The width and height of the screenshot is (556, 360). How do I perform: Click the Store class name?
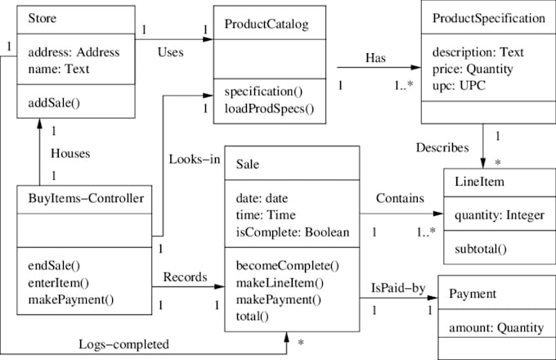[x=43, y=18]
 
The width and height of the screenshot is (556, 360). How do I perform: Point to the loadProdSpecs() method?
[x=269, y=108]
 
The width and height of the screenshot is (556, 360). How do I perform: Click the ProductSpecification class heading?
[x=488, y=18]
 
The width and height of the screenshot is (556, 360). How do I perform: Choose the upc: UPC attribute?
[x=460, y=86]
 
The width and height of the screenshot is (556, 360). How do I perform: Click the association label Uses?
[x=169, y=51]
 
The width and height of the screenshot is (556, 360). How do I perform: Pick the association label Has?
[x=376, y=58]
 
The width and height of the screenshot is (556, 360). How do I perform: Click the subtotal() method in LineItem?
[x=482, y=249]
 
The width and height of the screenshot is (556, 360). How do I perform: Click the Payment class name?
[x=473, y=295]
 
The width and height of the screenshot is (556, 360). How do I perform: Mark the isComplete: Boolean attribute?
[x=292, y=232]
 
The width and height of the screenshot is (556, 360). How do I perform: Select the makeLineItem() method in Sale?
[x=280, y=282]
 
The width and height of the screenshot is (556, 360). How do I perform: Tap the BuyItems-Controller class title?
[x=85, y=196]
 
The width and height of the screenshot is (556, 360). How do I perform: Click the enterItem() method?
[x=59, y=282]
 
